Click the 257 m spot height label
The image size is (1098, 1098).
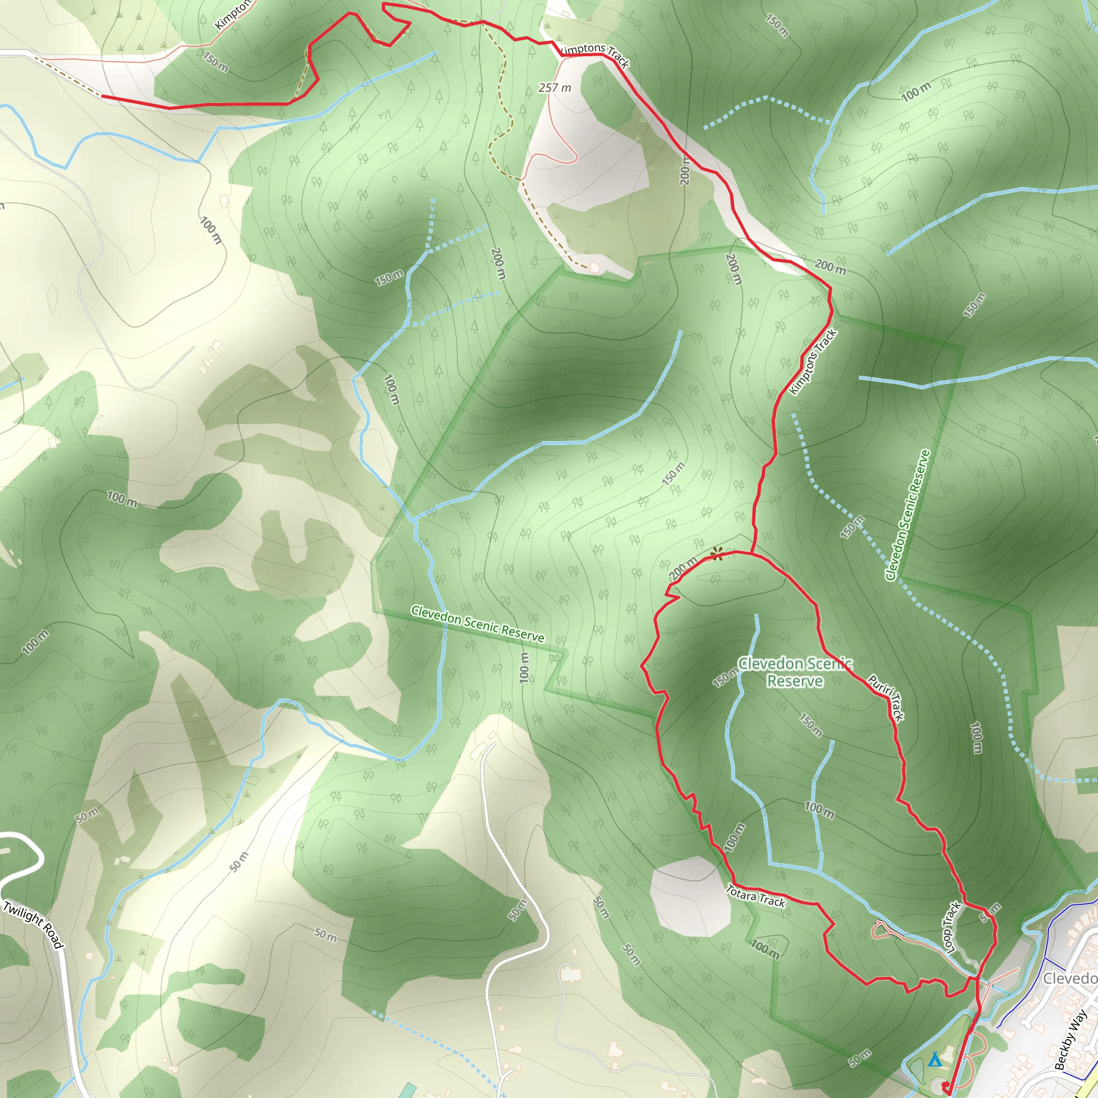(554, 88)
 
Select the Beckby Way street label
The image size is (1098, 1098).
(1071, 1040)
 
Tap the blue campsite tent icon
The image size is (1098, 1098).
(934, 1059)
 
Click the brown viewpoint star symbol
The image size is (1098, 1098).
(717, 553)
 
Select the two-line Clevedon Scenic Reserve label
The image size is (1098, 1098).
(795, 672)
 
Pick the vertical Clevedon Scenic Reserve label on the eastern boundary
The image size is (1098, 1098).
(908, 515)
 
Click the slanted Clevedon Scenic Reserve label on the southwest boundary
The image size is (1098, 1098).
(477, 624)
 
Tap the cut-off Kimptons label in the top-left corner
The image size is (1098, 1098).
(233, 14)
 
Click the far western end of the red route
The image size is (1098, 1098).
(103, 97)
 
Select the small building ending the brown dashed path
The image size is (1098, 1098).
(595, 267)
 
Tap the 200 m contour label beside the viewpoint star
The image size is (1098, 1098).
(682, 568)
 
